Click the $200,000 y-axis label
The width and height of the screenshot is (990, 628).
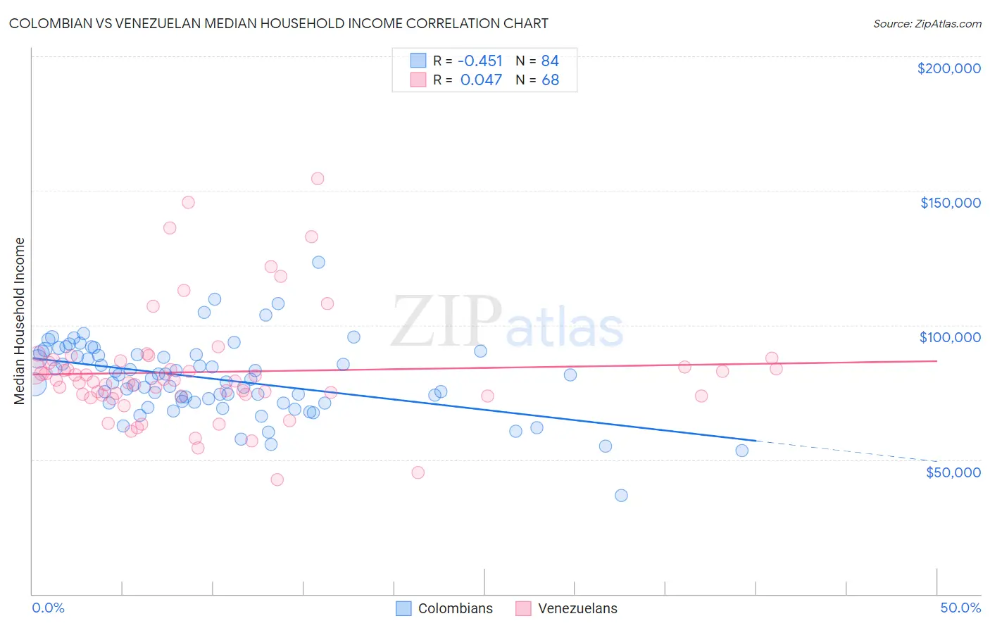tap(948, 68)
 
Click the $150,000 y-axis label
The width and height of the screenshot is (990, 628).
tap(950, 203)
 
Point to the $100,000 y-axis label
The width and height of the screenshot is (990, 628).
tap(950, 337)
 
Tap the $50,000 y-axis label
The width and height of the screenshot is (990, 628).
tap(953, 472)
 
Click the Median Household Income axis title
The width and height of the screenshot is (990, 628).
tap(19, 321)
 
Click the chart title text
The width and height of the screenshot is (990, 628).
tap(279, 23)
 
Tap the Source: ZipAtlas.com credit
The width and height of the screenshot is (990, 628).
tap(927, 23)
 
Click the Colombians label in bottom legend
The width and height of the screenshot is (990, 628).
tap(455, 608)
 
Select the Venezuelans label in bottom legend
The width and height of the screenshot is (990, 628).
tap(577, 608)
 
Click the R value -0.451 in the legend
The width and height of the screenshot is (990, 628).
tap(480, 61)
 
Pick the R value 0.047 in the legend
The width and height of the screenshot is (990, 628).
tap(481, 80)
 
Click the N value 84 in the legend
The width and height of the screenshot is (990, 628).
tap(550, 61)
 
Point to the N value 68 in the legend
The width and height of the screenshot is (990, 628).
tap(550, 80)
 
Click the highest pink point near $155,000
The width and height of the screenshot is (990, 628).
tap(318, 179)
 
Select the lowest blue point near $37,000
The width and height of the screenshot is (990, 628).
tap(621, 496)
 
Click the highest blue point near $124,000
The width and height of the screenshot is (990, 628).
tap(318, 262)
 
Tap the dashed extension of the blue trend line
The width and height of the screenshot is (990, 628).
tap(845, 451)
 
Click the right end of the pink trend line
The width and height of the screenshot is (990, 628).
tap(936, 360)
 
